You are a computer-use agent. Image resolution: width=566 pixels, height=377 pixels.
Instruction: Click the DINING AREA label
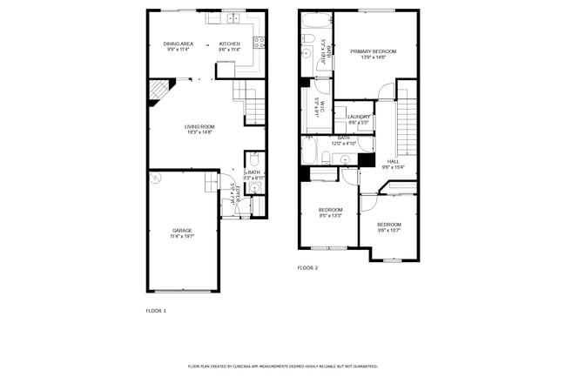pos(178,44)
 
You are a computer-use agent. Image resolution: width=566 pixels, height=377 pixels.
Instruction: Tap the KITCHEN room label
pos(229,44)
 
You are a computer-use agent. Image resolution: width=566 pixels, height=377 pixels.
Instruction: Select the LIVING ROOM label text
pos(199,127)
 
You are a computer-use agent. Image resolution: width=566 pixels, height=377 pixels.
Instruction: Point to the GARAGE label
pos(181,230)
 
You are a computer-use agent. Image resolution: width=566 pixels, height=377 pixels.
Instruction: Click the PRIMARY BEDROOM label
pos(374,51)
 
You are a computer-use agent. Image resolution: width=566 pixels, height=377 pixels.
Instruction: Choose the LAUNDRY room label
pos(359,117)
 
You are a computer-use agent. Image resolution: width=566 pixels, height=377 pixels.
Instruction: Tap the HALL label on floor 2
pos(393,161)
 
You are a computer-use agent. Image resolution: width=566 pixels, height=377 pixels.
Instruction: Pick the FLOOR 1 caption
pos(155,310)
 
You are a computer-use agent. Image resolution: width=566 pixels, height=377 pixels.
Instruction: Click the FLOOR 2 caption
pos(307,268)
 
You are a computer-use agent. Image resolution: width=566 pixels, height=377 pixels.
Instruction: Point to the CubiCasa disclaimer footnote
pos(283,367)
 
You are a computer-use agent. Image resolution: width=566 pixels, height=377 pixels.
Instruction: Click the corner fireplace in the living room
pos(158,91)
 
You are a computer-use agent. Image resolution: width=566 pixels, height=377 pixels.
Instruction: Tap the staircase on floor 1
pos(252,101)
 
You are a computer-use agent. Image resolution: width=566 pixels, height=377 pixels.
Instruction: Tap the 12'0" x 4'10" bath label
pos(343,140)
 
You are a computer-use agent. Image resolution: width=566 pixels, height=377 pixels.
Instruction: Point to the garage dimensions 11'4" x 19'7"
pos(181,235)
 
